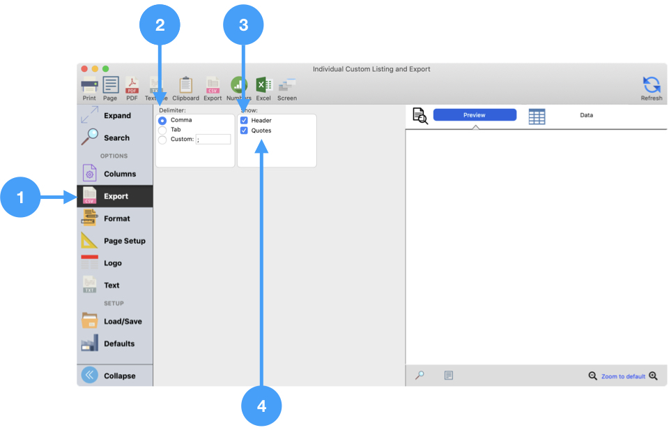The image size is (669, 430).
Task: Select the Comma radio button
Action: coord(163,120)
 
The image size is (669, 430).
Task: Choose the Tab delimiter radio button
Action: coord(163,130)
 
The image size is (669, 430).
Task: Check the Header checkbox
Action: coord(244,120)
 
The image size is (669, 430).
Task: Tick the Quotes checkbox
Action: coord(244,131)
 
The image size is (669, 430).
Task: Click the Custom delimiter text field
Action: coord(213,140)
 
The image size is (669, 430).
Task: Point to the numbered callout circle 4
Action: coord(261,406)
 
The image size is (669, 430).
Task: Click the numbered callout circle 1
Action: coord(20,198)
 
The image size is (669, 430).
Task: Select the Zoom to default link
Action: coord(623,376)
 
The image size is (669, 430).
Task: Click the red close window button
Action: coord(85,68)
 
